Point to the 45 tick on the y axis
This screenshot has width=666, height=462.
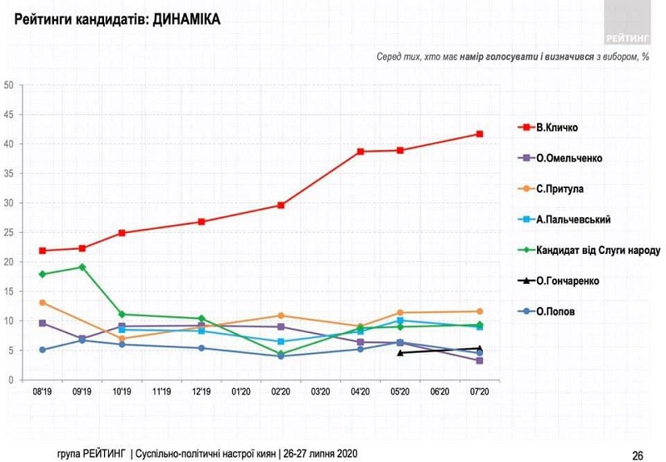pyautogui.click(x=8, y=114)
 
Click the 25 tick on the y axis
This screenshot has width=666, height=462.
pyautogui.click(x=8, y=232)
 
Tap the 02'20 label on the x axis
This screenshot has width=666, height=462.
pyautogui.click(x=281, y=390)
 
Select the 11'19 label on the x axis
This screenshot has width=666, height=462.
pyautogui.click(x=162, y=390)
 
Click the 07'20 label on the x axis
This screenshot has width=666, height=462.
pyautogui.click(x=480, y=390)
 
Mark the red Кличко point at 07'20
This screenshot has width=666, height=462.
pyautogui.click(x=480, y=134)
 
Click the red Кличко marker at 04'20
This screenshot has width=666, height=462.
pyautogui.click(x=360, y=152)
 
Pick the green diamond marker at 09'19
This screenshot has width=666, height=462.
pyautogui.click(x=82, y=267)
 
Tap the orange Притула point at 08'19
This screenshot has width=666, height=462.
pyautogui.click(x=42, y=302)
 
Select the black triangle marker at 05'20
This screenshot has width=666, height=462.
pyautogui.click(x=400, y=353)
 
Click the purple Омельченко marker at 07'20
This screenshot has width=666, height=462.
pyautogui.click(x=480, y=360)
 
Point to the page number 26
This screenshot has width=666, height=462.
pyautogui.click(x=638, y=455)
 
